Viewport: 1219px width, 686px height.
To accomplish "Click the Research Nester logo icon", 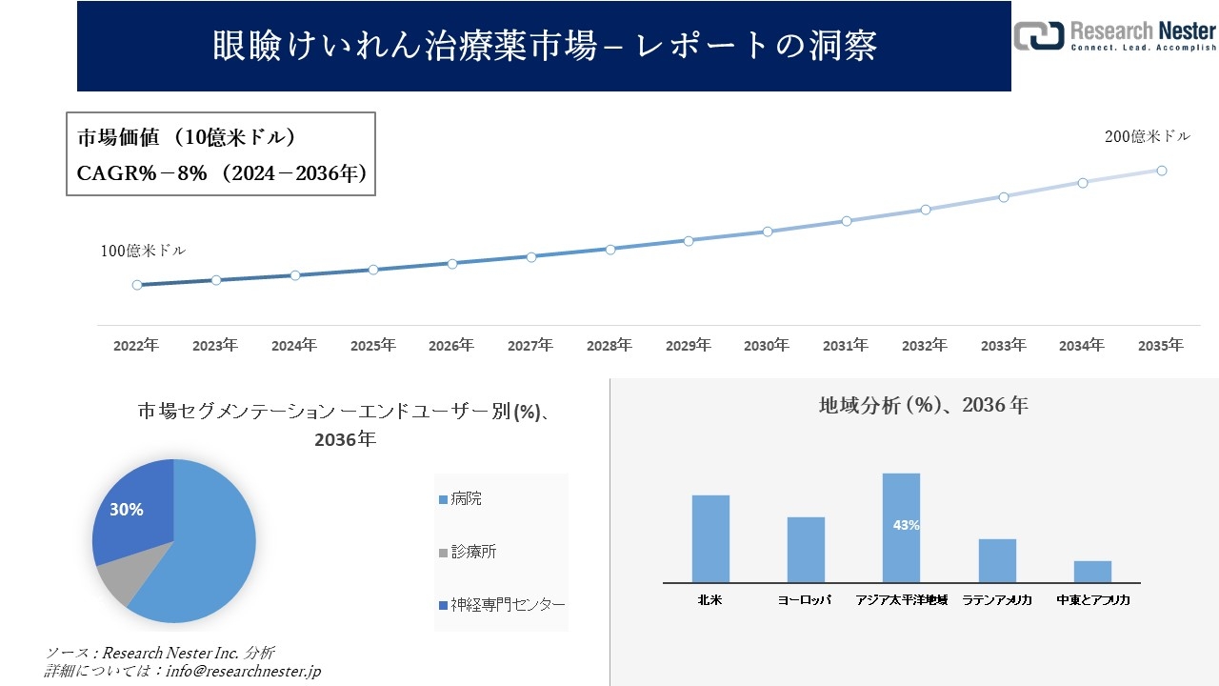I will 1038,34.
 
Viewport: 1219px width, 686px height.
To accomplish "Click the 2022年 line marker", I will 137,285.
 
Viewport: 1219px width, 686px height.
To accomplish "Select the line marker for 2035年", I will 1162,171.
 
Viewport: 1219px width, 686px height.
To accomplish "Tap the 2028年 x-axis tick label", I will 609,346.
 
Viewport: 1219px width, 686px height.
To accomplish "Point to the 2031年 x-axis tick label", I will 845,346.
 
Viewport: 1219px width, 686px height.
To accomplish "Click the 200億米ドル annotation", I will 1147,137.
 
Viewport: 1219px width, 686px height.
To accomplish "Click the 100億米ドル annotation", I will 143,252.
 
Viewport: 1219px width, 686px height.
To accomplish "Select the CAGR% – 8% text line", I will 221,173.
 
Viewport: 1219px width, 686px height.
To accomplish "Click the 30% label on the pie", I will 127,510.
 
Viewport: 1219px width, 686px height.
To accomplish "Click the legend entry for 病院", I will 467,498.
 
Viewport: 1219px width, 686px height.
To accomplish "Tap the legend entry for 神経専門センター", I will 501,605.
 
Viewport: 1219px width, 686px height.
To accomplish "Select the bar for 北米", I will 710,538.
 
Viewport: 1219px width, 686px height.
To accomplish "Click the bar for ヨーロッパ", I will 806,550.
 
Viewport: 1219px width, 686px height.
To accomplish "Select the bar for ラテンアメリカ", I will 997,560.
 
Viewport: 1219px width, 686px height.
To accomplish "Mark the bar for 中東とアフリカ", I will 1092,571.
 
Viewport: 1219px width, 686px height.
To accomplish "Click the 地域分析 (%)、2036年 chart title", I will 923,405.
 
